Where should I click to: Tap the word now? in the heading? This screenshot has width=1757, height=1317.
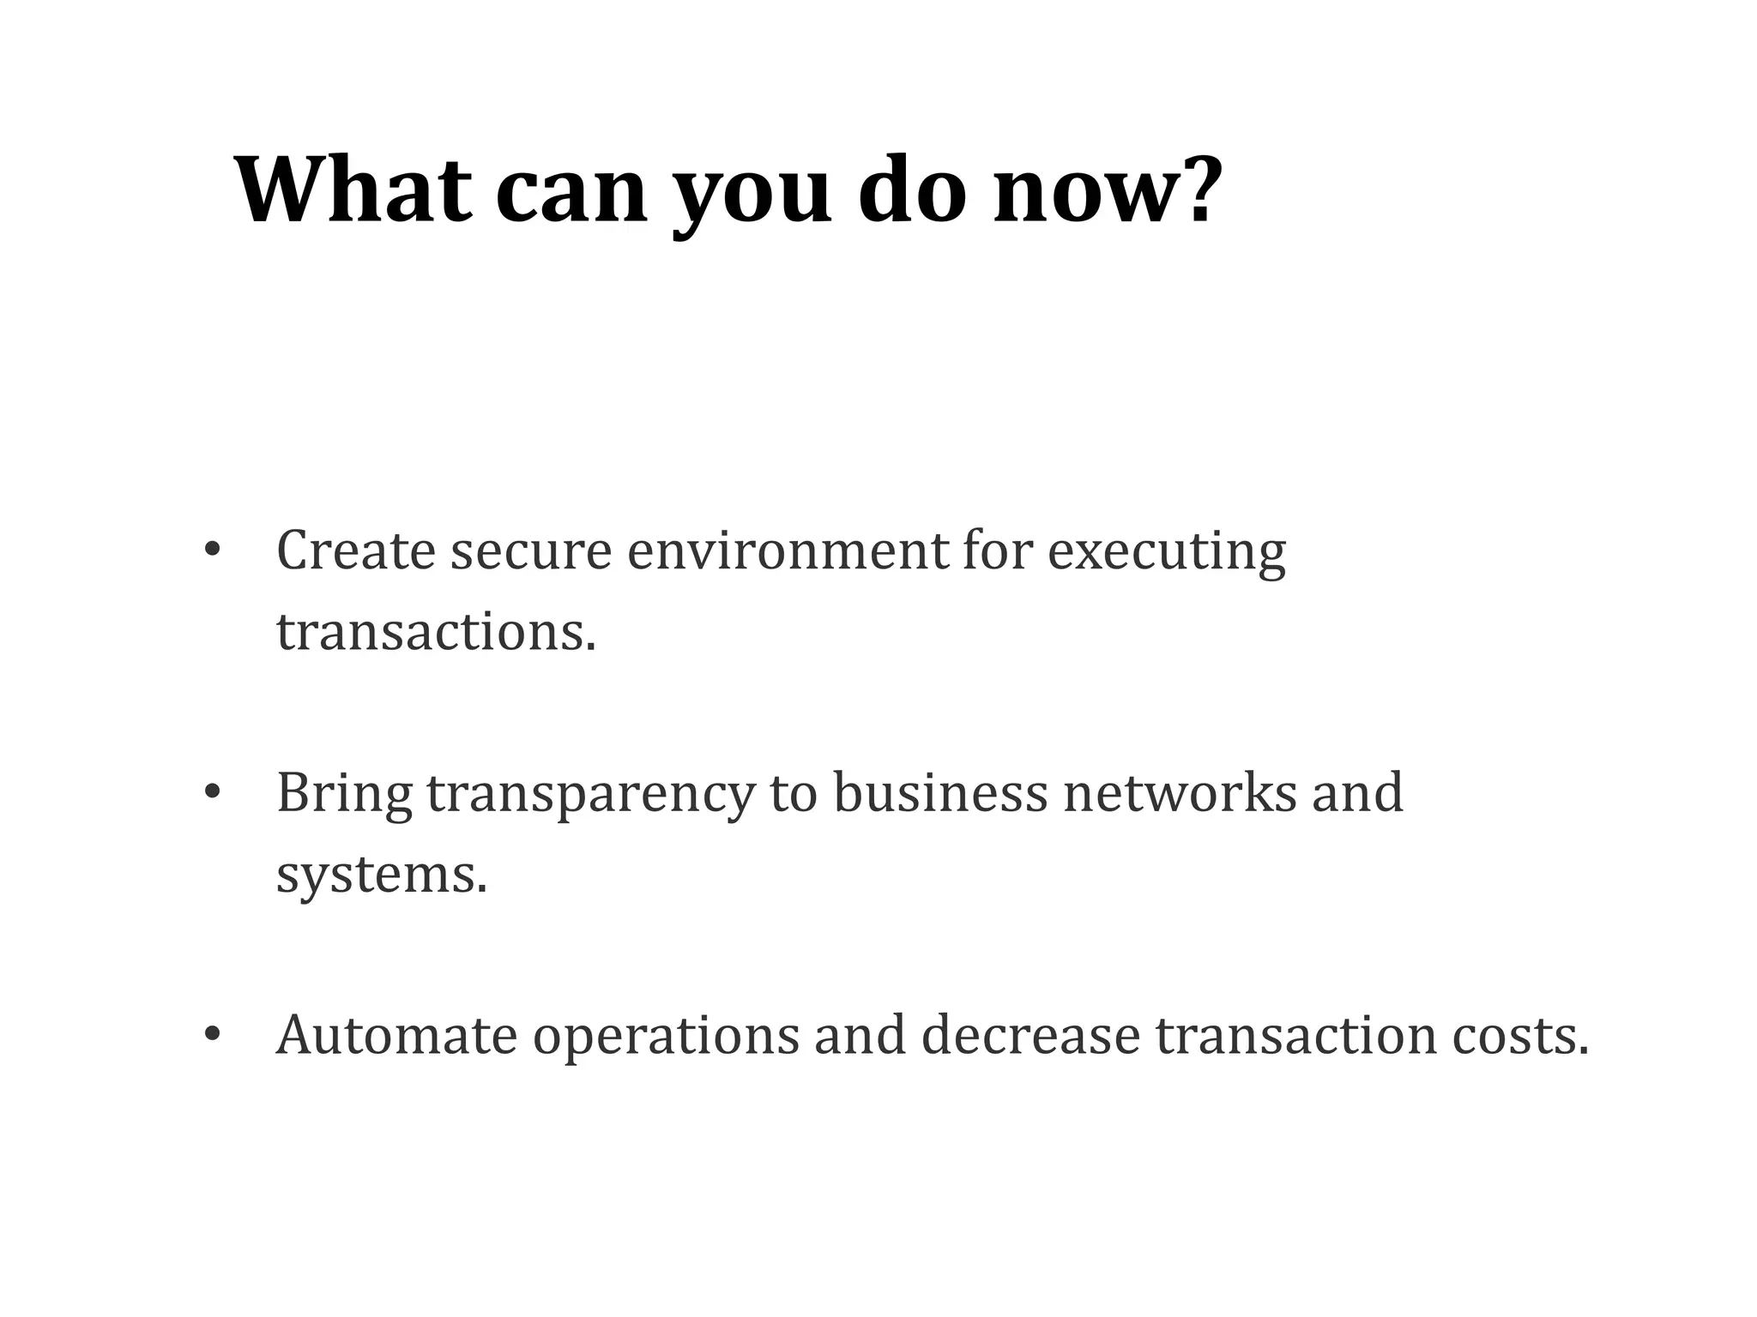[x=1107, y=189]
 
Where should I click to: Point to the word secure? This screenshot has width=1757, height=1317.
[x=531, y=551]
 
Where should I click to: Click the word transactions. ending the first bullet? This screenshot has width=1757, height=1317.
[x=436, y=632]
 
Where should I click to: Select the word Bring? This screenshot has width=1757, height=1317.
[x=344, y=794]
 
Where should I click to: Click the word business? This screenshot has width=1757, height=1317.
[x=940, y=792]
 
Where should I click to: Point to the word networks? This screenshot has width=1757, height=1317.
[x=1180, y=792]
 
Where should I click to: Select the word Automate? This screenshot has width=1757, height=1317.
[x=396, y=1035]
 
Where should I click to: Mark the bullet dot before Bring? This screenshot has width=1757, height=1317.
[x=212, y=792]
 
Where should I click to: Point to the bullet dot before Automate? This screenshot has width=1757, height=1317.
[x=212, y=1035]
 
